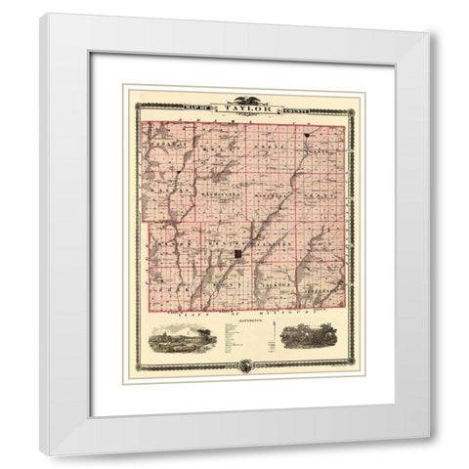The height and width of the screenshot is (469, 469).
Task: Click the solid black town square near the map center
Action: coord(237,254)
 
